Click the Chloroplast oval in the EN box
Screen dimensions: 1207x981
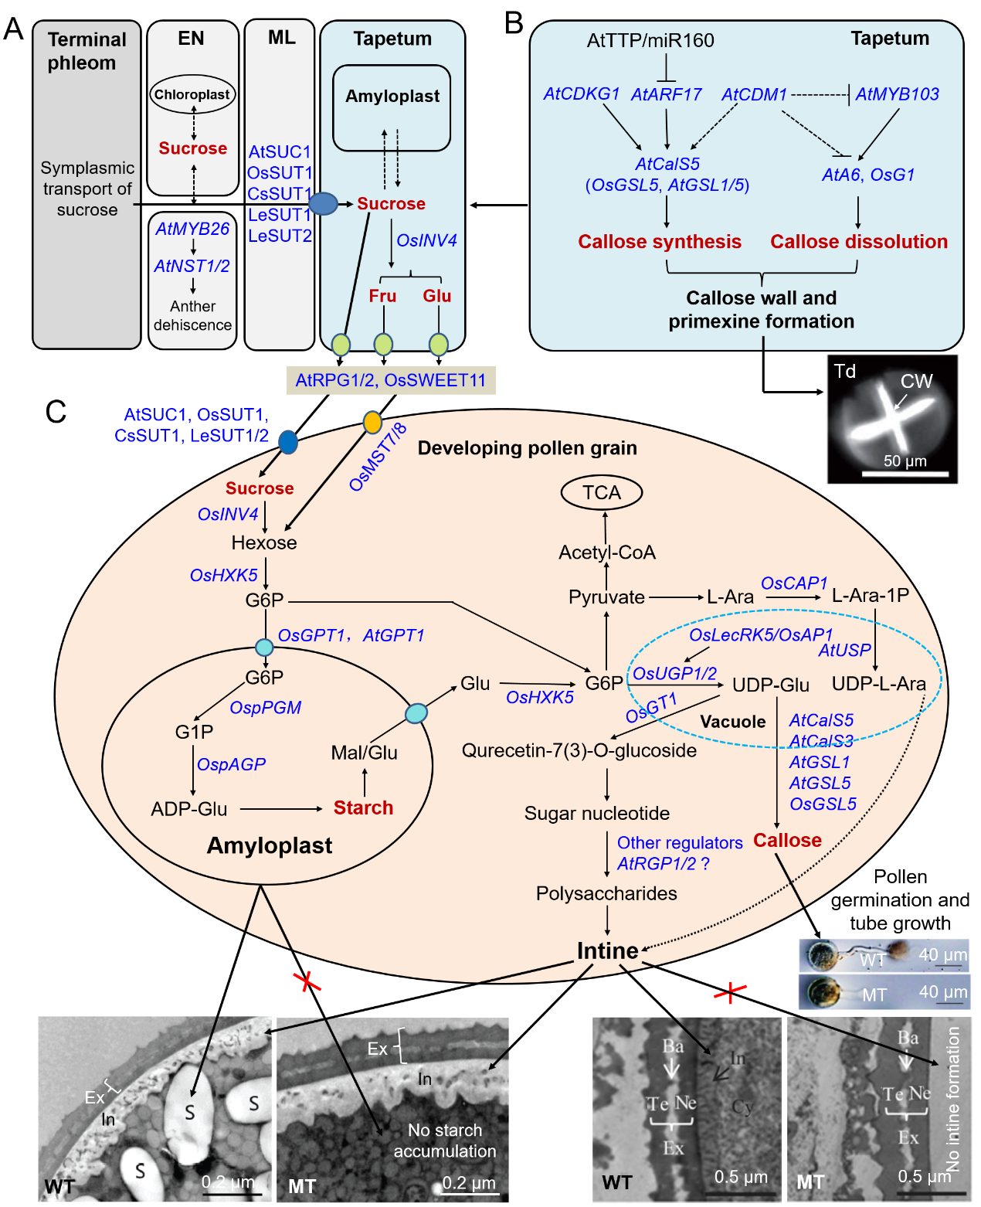192,95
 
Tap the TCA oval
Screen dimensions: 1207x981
602,493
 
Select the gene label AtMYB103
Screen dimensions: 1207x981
897,94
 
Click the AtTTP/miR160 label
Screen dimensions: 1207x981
650,40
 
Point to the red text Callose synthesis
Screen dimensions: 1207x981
660,242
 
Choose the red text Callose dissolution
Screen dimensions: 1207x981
858,242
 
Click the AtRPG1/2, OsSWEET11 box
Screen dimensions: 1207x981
391,380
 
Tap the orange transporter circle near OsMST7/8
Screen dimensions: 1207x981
372,423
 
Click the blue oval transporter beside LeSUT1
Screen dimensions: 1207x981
323,204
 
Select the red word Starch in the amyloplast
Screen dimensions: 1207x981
363,807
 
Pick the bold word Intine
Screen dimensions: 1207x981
607,950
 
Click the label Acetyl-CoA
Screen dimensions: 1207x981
607,552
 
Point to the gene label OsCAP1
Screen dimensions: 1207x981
794,583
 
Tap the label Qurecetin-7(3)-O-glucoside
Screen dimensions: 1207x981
579,751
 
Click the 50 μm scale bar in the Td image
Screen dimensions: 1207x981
905,473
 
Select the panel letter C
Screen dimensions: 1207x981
56,412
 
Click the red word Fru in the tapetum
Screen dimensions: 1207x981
382,296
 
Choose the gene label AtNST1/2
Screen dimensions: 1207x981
192,266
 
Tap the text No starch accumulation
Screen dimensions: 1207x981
445,1141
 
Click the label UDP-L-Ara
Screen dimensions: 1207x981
878,684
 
